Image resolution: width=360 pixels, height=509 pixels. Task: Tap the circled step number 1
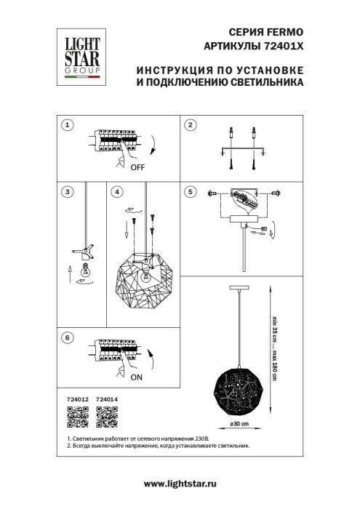click(67, 125)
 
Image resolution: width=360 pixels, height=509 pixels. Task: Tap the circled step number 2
click(191, 125)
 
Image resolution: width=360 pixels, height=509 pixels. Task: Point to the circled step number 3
click(67, 192)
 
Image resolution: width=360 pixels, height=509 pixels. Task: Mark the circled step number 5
click(191, 192)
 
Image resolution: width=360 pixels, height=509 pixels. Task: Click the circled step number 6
click(67, 338)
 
